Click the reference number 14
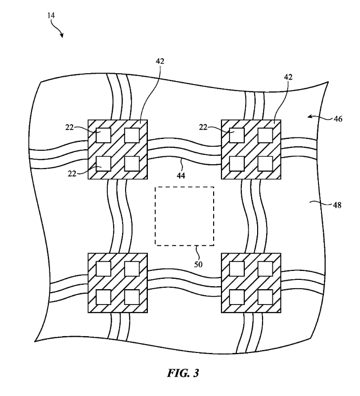coord(51,15)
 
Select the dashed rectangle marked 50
coord(184,216)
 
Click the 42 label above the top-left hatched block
coord(160,62)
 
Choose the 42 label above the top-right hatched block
coord(287,77)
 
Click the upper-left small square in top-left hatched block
coord(103,135)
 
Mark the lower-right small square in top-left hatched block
coord(132,163)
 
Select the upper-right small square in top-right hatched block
coord(266,135)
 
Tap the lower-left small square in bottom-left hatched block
coord(103,297)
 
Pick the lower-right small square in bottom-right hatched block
coord(266,297)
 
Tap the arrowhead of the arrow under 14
coord(63,36)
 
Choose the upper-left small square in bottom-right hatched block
coord(237,268)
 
